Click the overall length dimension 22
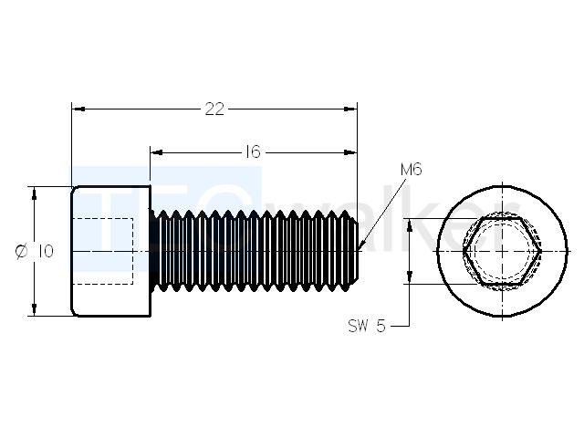click(x=214, y=109)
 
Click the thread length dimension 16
click(x=253, y=152)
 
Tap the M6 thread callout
click(x=412, y=170)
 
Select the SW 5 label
click(x=367, y=327)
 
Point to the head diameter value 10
click(x=45, y=251)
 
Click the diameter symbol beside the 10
click(x=22, y=251)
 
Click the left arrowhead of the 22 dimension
click(x=78, y=109)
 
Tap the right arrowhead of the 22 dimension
click(x=350, y=109)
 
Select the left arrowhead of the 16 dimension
click(x=157, y=152)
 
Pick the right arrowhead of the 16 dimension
click(x=350, y=152)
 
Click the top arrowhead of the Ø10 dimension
click(x=35, y=193)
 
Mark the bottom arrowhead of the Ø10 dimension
click(x=35, y=309)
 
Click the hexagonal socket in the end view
click(x=502, y=252)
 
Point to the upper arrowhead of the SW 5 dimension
click(x=410, y=225)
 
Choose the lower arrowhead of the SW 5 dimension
click(x=410, y=277)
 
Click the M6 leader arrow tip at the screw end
click(x=360, y=249)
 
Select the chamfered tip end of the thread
click(x=356, y=252)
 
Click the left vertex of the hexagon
click(x=464, y=252)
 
